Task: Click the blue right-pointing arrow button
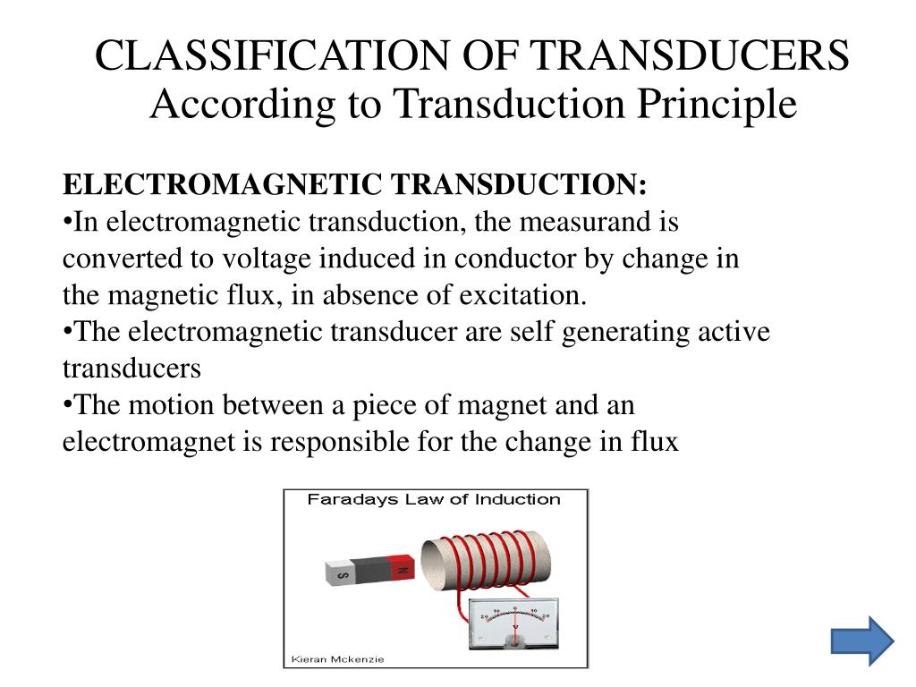click(x=861, y=640)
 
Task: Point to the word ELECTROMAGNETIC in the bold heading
click(x=224, y=185)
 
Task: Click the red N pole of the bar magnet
click(x=403, y=569)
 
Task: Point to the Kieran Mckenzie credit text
click(x=335, y=660)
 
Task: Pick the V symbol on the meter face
click(x=516, y=627)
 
